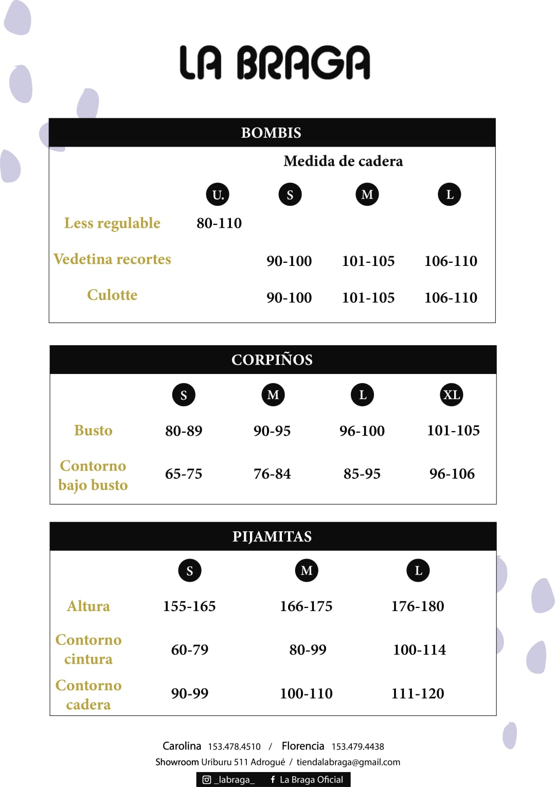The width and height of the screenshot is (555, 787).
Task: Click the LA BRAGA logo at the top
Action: click(275, 63)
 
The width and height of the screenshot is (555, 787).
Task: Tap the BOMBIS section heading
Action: click(271, 133)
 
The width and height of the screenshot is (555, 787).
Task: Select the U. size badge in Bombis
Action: click(218, 194)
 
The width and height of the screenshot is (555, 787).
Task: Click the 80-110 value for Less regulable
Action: click(219, 223)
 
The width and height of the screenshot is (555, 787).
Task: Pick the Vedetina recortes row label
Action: click(112, 259)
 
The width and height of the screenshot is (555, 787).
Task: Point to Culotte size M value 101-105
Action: click(368, 298)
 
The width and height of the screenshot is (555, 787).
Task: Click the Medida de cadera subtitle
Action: click(343, 162)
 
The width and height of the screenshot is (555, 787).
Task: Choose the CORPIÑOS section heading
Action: click(272, 360)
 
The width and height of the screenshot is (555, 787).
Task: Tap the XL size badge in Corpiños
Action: click(452, 395)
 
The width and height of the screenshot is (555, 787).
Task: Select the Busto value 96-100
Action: click(362, 431)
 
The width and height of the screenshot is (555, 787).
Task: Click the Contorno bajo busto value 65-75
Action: click(184, 474)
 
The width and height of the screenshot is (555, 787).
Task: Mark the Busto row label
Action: click(93, 431)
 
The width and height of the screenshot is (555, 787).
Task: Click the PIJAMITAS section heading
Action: click(272, 536)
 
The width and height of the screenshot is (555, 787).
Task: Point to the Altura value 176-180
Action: click(418, 606)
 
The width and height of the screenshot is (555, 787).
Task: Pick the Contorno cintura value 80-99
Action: click(308, 650)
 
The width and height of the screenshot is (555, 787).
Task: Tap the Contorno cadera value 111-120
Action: click(418, 694)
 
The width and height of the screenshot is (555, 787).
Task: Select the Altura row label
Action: click(88, 606)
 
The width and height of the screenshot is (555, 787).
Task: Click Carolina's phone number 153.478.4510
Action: click(234, 747)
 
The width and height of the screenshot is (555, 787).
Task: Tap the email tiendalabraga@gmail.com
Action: click(348, 762)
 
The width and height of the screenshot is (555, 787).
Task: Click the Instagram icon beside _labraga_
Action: click(207, 780)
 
